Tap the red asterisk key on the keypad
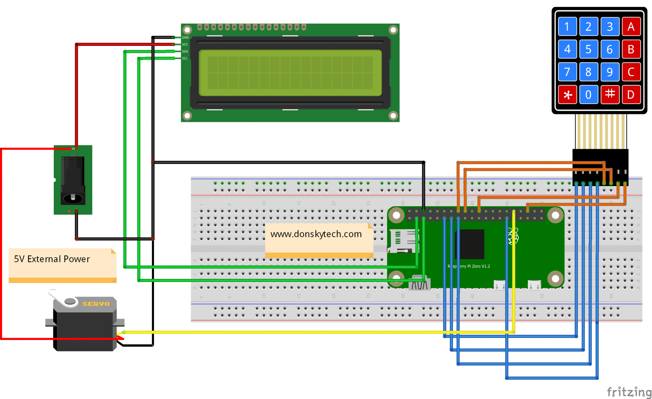567,95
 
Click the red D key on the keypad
631,95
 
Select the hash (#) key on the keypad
610,95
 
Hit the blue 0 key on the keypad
588,95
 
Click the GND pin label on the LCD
185,38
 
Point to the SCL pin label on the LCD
185,58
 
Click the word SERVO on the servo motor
96,304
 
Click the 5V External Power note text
52,259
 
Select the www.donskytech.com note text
316,234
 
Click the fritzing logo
628,392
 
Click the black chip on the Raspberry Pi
470,244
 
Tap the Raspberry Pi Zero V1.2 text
469,266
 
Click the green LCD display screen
290,73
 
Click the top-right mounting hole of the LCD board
393,30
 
